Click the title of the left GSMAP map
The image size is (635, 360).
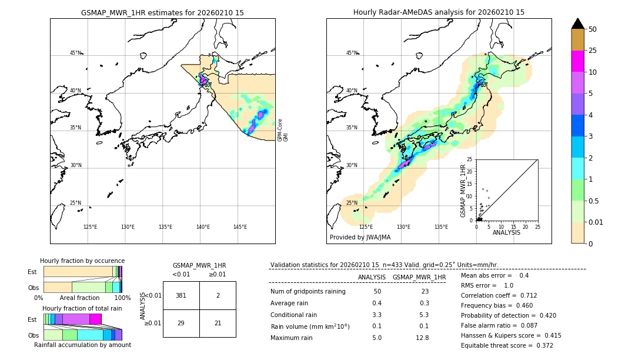click(162, 12)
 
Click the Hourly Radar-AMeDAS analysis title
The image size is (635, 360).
click(439, 12)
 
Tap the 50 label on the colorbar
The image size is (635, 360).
click(593, 29)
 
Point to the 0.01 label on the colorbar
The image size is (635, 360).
click(597, 222)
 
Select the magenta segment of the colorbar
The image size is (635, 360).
click(577, 61)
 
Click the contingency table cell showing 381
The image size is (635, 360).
click(181, 295)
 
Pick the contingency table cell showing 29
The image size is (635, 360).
click(181, 324)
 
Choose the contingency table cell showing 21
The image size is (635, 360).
click(218, 324)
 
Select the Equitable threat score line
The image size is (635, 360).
click(507, 345)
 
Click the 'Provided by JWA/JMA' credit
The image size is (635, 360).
click(360, 238)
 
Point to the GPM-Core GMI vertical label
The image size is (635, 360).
click(283, 129)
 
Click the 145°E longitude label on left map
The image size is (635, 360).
click(240, 227)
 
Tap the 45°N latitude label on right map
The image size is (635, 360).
click(352, 54)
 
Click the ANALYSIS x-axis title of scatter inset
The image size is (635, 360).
click(506, 232)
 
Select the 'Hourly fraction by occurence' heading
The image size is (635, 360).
click(82, 261)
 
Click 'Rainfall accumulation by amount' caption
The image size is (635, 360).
click(82, 345)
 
